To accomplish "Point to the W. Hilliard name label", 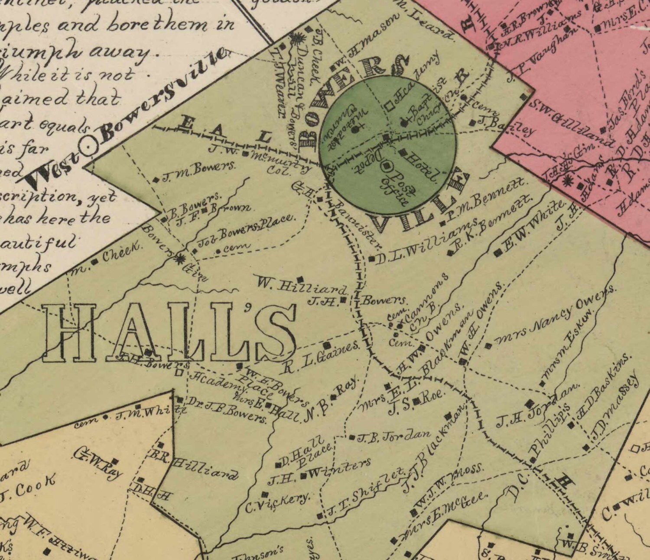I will pyautogui.click(x=302, y=286).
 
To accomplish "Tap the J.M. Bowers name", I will pyautogui.click(x=198, y=171).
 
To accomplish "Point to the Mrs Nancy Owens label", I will pyautogui.click(x=555, y=316).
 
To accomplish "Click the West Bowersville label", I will pyautogui.click(x=126, y=117).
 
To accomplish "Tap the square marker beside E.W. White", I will pyautogui.click(x=497, y=254).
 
